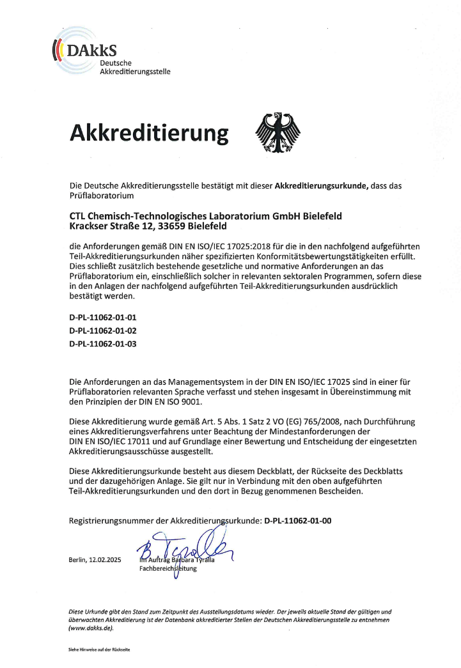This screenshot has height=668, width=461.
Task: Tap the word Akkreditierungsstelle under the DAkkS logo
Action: [x=135, y=72]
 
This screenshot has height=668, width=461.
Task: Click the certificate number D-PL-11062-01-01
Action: [x=103, y=317]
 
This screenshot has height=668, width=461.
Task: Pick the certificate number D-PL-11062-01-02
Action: [x=103, y=330]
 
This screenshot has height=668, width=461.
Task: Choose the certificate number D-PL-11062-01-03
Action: [x=103, y=344]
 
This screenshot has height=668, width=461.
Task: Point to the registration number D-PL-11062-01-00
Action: [x=298, y=521]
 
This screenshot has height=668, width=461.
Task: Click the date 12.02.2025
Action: [x=104, y=561]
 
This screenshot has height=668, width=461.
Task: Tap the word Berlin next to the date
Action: [x=77, y=561]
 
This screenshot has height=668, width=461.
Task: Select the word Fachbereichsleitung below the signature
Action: [x=168, y=569]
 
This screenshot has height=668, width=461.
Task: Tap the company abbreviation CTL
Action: [x=78, y=216]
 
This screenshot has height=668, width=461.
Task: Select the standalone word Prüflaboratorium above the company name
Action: [x=101, y=196]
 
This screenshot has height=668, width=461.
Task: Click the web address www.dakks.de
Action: [x=91, y=628]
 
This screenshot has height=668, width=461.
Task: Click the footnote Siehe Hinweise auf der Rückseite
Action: [x=99, y=649]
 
